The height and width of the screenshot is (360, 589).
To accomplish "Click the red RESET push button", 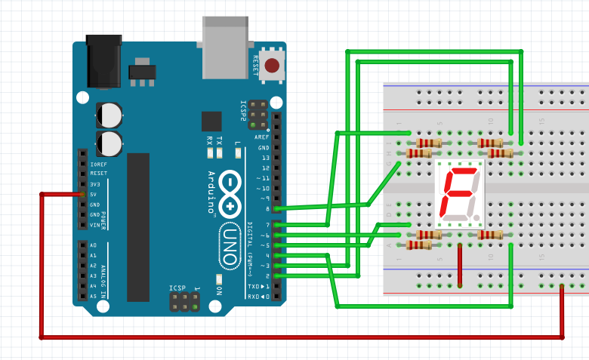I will tap(272, 66).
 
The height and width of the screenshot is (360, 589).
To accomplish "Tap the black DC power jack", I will tap(103, 60).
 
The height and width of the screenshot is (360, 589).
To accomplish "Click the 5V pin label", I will tap(94, 194).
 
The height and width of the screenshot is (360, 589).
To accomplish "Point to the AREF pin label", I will tap(262, 137).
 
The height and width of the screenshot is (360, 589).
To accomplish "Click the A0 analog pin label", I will tap(93, 245).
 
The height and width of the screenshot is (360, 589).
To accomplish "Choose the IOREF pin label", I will tap(98, 163).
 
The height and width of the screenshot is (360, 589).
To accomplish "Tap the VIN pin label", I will tap(94, 225).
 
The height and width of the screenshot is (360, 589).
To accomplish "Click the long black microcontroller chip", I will tap(138, 226).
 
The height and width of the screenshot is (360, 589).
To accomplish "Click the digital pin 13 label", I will tap(265, 157).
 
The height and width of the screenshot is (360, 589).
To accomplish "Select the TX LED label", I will tap(219, 140).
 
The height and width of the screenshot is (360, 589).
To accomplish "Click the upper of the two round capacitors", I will tap(109, 114).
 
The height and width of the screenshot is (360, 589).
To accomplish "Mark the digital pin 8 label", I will tap(267, 208).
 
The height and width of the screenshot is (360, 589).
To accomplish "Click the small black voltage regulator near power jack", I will tap(140, 72).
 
